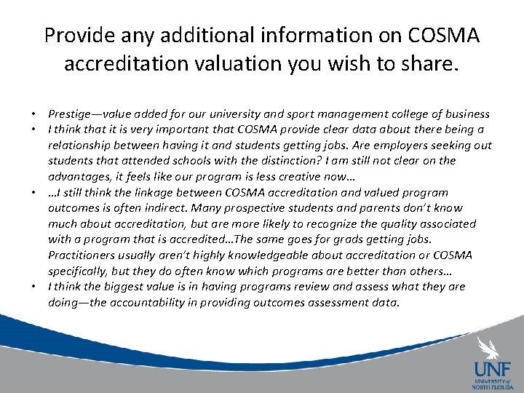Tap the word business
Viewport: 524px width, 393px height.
(x=464, y=114)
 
